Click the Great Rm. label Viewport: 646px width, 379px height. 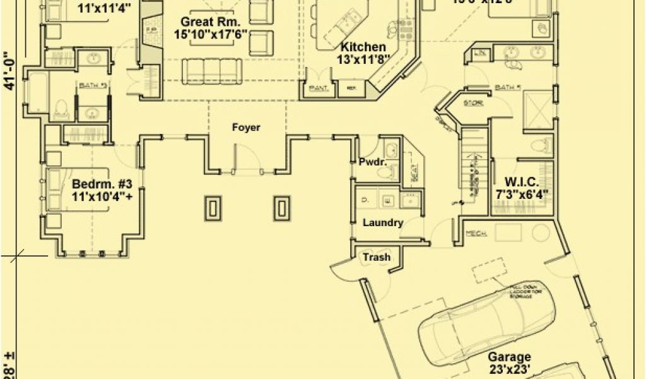(206, 21)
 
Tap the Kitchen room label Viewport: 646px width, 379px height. (363, 47)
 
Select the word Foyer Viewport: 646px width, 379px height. (245, 128)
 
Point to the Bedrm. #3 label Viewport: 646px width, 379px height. (102, 184)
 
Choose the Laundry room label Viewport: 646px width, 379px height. (383, 222)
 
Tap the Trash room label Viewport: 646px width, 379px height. (376, 257)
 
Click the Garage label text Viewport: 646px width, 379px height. (508, 357)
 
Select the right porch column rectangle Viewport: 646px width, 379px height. (282, 208)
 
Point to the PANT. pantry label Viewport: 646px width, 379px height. (318, 89)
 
